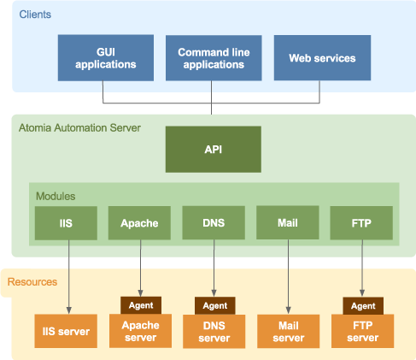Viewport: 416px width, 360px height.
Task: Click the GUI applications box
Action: coord(106,58)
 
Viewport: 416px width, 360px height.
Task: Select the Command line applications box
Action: coord(214,58)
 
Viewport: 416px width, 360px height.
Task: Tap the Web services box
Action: coord(322,58)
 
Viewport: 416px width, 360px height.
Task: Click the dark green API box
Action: coord(214,150)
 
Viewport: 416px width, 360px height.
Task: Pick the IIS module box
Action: coord(66,223)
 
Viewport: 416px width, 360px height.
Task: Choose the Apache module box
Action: coord(139,223)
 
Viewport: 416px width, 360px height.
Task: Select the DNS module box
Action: coord(214,222)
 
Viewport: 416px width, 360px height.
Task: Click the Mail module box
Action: coord(288,222)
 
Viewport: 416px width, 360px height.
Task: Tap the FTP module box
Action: coord(361,223)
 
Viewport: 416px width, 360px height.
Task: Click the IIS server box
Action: coord(66,331)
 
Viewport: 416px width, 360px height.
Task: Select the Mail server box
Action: coord(288,331)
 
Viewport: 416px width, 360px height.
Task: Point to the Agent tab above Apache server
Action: coord(141,305)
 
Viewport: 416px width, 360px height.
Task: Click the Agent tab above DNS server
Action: coord(215,305)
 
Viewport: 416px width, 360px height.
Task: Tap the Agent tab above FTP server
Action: coord(363,306)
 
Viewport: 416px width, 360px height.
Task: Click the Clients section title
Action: coord(35,15)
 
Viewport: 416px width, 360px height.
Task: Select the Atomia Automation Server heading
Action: coord(79,128)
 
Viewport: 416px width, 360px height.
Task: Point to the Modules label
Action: coord(56,196)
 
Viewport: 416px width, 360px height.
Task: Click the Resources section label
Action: coord(32,282)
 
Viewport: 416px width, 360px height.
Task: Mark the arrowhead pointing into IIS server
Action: coord(69,310)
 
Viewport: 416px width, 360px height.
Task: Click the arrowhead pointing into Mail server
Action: coord(288,310)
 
